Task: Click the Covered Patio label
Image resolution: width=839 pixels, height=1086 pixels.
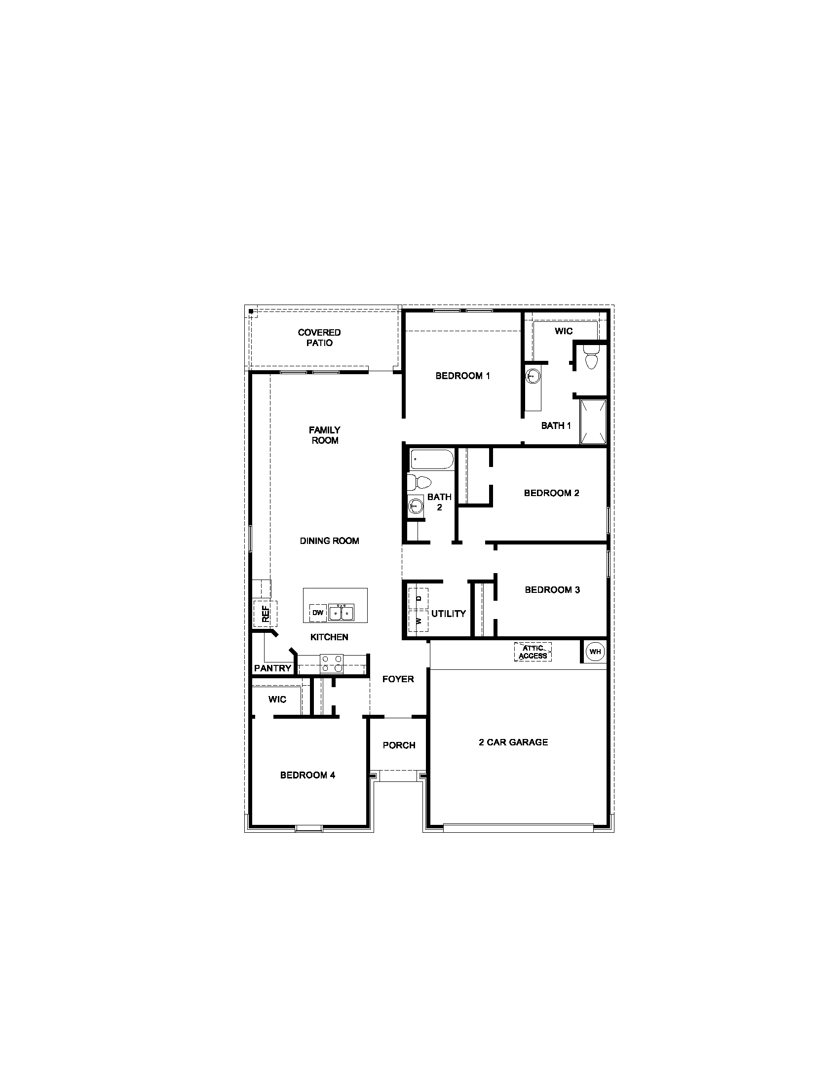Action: click(x=319, y=338)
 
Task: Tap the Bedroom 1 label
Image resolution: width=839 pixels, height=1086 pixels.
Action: click(x=462, y=376)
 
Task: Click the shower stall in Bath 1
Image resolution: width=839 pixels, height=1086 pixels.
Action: click(x=593, y=421)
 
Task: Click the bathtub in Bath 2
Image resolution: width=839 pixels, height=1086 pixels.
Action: click(x=431, y=460)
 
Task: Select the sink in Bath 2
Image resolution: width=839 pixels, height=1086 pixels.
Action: click(x=415, y=506)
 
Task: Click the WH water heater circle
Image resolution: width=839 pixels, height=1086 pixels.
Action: click(x=595, y=652)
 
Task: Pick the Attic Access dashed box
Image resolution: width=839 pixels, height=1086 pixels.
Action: click(x=533, y=652)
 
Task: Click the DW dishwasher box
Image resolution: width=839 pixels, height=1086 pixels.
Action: click(x=318, y=613)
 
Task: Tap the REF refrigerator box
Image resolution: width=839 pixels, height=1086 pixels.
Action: click(x=265, y=614)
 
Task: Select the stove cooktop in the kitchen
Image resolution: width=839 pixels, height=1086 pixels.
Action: click(x=332, y=663)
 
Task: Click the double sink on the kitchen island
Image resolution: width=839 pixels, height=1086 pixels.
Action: click(x=341, y=613)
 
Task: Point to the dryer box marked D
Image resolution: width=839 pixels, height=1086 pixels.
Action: click(x=419, y=598)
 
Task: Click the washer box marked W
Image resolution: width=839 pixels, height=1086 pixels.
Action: click(x=419, y=621)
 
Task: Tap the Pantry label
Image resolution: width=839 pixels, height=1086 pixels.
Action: click(x=272, y=668)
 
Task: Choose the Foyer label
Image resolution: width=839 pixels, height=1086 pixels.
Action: click(x=398, y=679)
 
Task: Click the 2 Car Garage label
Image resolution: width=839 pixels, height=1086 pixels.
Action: click(x=513, y=742)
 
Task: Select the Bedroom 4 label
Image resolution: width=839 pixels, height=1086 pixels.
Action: click(x=307, y=775)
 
